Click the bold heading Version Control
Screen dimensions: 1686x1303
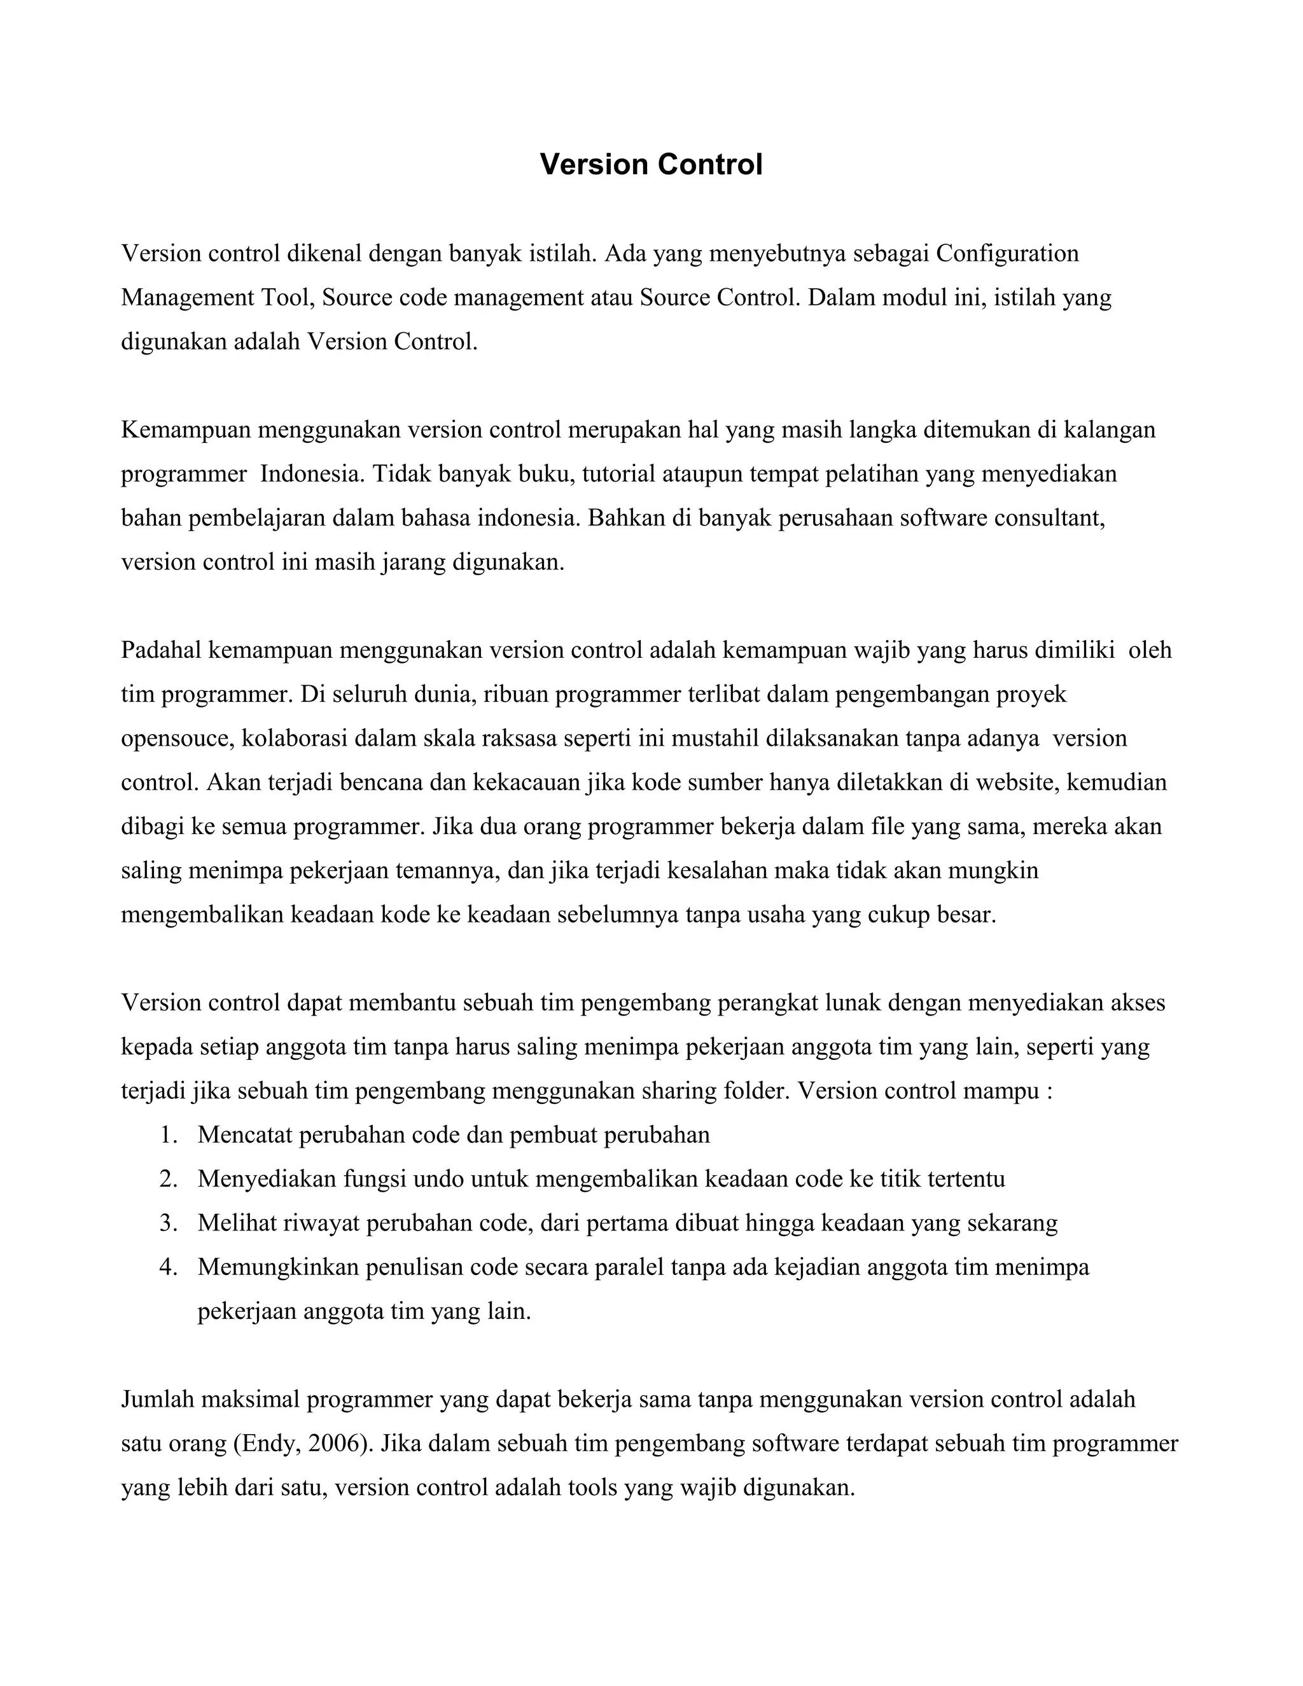(x=651, y=164)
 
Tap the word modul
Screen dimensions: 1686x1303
(x=916, y=297)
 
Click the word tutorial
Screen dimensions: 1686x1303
(x=618, y=473)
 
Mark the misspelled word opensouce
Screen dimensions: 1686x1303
(x=177, y=738)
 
